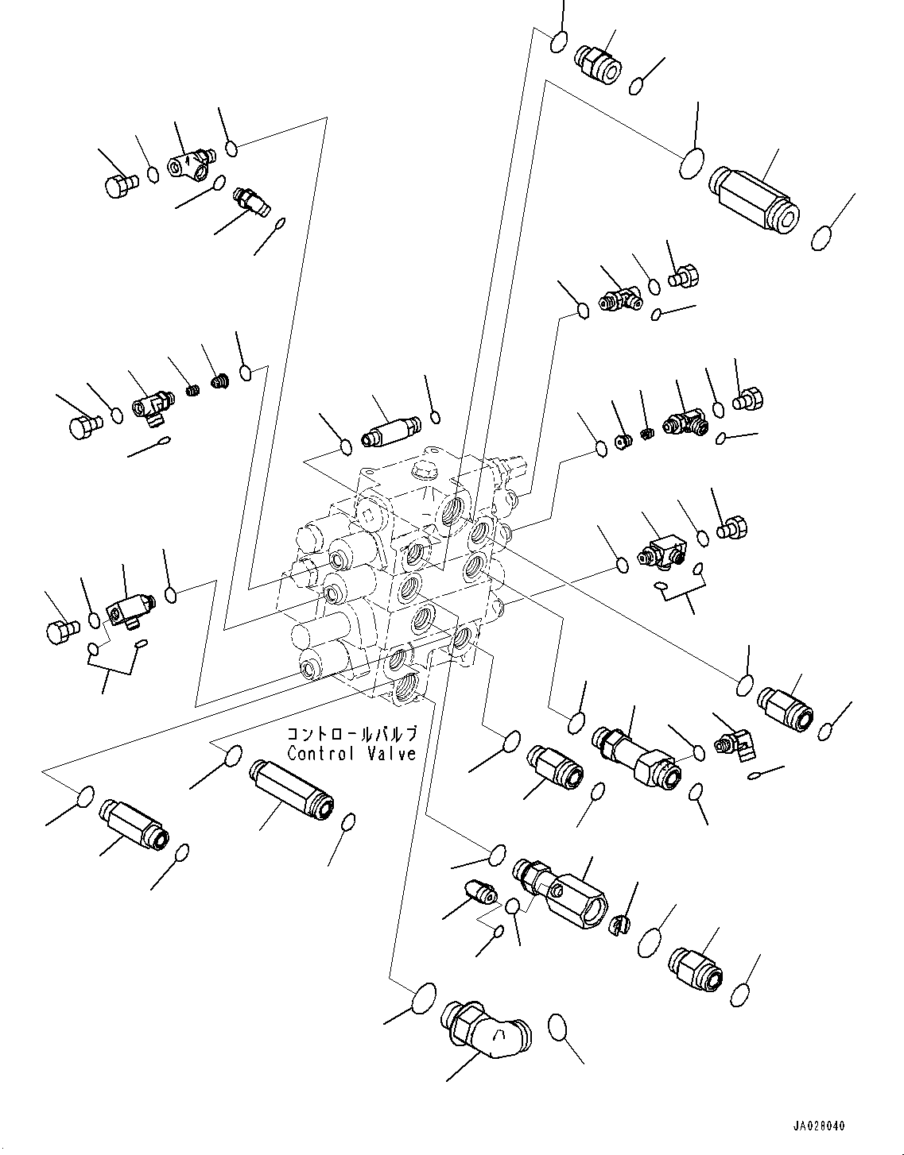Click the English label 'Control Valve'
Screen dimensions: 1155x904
pyautogui.click(x=351, y=753)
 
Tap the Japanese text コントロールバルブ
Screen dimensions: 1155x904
pyautogui.click(x=351, y=734)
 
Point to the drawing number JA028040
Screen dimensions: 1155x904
pyautogui.click(x=818, y=1126)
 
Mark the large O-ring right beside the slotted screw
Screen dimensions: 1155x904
pyautogui.click(x=648, y=942)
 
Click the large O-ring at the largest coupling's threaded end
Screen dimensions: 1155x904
pyautogui.click(x=691, y=164)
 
